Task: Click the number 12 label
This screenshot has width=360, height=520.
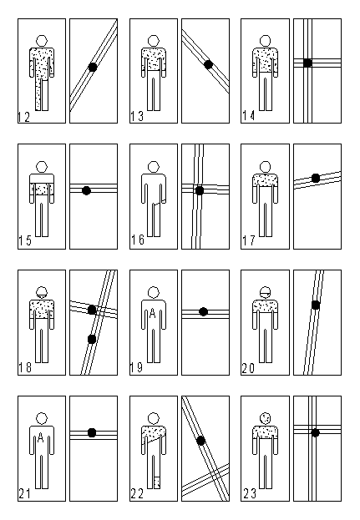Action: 23,117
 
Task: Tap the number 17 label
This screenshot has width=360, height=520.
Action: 249,240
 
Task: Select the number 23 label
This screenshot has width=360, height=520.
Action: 250,494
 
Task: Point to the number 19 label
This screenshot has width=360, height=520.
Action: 136,367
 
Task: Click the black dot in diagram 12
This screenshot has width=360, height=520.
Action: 93,68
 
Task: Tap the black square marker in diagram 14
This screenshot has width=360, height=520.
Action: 307,63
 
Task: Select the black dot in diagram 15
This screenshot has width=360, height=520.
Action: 86,190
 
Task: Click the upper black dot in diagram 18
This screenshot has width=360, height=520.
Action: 92,310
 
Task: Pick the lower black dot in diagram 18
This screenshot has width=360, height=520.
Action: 92,339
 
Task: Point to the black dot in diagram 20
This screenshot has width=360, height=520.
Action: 316,305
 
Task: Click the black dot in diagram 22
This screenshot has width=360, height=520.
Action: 200,441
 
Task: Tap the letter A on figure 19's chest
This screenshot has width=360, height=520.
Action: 153,313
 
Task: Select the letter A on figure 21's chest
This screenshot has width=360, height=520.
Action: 41,438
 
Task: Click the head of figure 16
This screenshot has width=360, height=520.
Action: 154,167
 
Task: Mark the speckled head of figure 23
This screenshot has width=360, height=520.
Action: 265,418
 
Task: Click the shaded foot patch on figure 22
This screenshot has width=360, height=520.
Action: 157,482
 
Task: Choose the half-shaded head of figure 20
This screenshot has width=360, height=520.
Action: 265,292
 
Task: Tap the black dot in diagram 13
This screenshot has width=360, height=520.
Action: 208,64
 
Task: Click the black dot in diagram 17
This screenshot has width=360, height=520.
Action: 316,178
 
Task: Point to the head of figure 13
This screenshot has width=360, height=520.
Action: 154,41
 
